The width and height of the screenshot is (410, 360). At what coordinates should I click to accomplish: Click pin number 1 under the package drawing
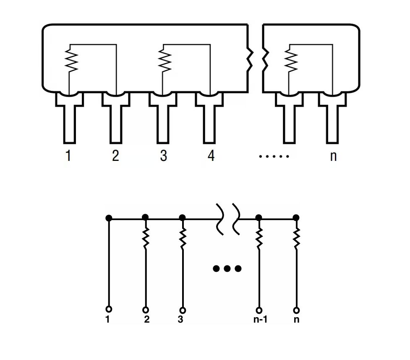(68, 156)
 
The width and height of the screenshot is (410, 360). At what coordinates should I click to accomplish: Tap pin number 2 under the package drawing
(115, 156)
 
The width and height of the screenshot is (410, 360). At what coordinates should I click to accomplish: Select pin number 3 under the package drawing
(163, 156)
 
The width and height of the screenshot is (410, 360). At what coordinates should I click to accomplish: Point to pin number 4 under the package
(211, 156)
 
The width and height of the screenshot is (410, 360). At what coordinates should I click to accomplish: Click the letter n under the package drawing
(333, 156)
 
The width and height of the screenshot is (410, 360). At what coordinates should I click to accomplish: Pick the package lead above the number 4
(209, 118)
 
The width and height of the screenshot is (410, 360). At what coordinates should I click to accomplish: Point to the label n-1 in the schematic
(260, 320)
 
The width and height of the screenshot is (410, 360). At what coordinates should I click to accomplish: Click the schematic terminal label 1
(108, 320)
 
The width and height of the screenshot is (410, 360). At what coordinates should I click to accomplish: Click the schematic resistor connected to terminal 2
(146, 238)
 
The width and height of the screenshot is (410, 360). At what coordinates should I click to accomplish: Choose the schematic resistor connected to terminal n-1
(259, 238)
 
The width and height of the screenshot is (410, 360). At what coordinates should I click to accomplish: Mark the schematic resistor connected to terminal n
(296, 238)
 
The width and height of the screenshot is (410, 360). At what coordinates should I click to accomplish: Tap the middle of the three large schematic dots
(227, 268)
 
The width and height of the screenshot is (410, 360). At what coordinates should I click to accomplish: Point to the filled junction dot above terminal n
(296, 218)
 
